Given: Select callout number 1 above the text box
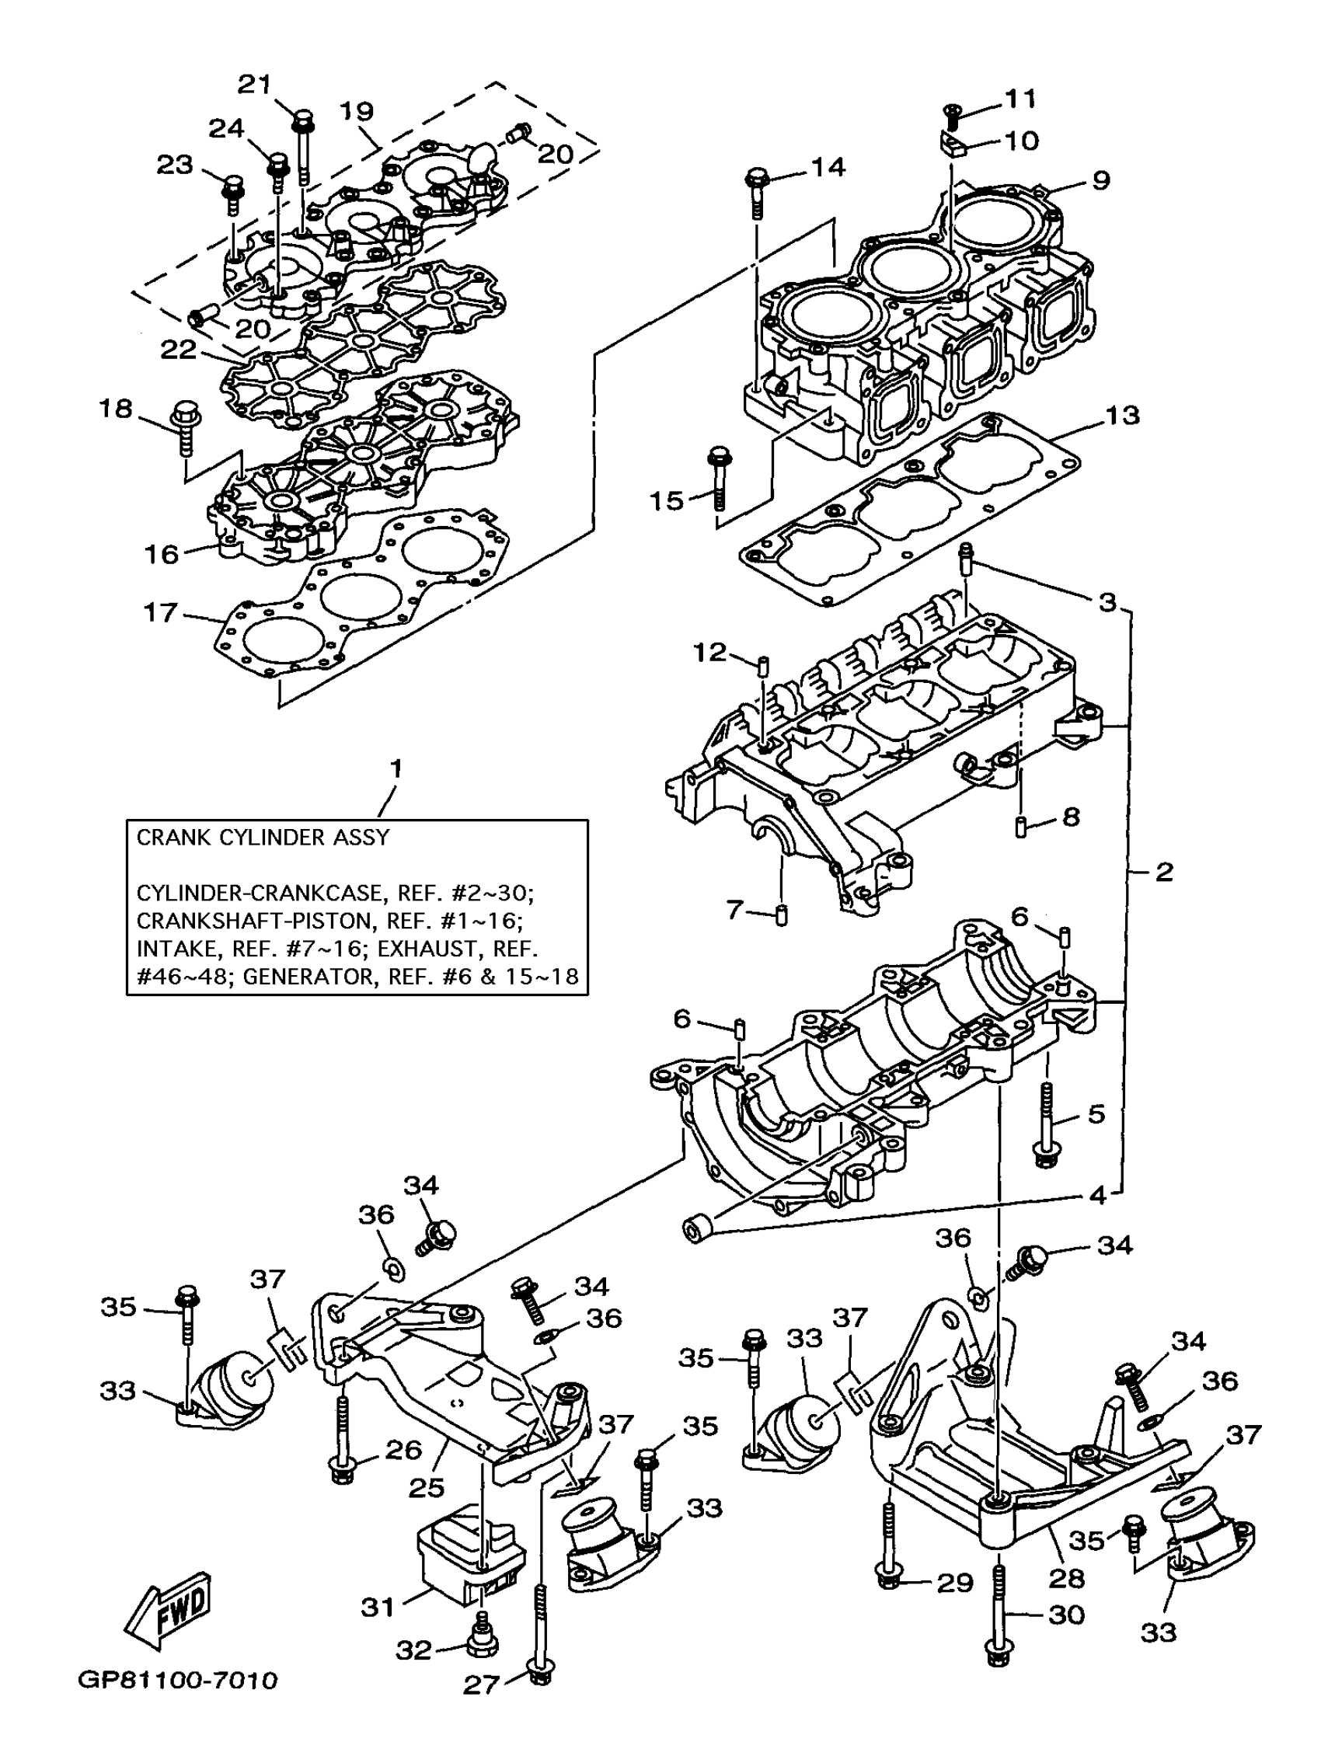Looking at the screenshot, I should pyautogui.click(x=396, y=768).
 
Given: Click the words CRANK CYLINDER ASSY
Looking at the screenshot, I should pyautogui.click(x=263, y=838).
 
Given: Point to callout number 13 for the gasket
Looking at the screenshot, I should pyautogui.click(x=1122, y=415).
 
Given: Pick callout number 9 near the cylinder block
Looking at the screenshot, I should pyautogui.click(x=1100, y=180).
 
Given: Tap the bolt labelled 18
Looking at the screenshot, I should pyautogui.click(x=185, y=429).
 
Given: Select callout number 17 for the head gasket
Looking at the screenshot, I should pyautogui.click(x=159, y=613).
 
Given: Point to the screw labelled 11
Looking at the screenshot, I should pyautogui.click(x=952, y=117).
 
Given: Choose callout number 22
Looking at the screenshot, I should pyautogui.click(x=178, y=349).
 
